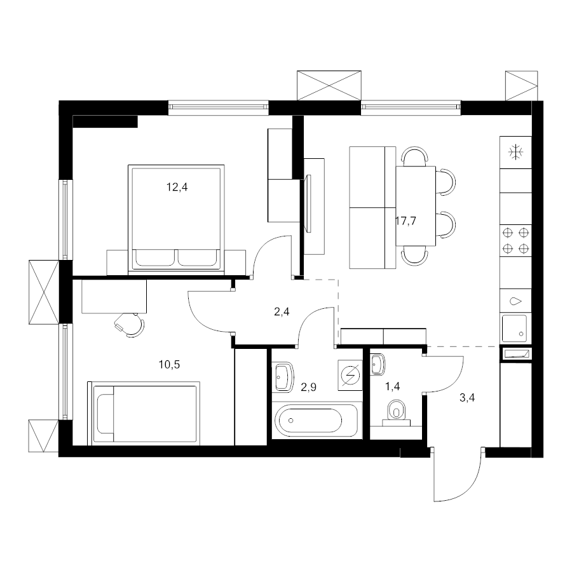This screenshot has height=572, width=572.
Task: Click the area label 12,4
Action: point(177,187)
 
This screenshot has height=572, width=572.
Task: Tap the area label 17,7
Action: point(405,221)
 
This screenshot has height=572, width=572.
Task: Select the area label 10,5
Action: point(169,364)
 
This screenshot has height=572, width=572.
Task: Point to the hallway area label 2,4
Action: point(282,311)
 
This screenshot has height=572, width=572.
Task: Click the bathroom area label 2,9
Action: point(308,387)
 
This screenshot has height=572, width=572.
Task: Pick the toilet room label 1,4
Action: point(393,386)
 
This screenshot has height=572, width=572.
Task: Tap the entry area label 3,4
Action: point(467,398)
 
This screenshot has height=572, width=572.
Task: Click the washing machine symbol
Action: point(350,376)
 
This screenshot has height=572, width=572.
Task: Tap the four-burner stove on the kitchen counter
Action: point(515,241)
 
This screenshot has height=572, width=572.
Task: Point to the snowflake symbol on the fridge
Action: point(515,152)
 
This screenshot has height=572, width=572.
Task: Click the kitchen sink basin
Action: point(514,329)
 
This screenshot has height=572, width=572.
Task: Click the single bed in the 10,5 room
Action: point(144,413)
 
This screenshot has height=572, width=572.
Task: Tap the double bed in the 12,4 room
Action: point(176,219)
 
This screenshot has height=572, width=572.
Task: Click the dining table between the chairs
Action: point(416,206)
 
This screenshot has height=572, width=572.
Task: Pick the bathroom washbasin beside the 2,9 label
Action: point(284,377)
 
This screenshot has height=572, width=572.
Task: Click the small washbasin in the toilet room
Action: point(378,364)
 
